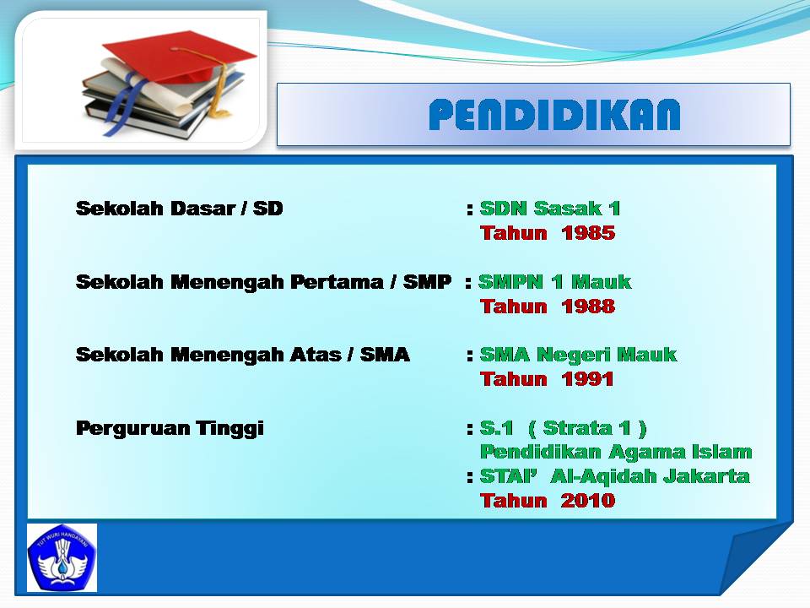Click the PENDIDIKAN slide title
[554, 114]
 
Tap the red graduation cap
[178, 57]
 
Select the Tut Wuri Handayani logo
[62, 557]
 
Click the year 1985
[588, 233]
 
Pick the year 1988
[588, 307]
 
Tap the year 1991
[588, 379]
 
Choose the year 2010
[588, 501]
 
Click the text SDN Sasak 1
[550, 209]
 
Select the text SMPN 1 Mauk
[555, 282]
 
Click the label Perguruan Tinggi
[170, 429]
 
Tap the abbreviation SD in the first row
[268, 209]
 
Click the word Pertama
[337, 282]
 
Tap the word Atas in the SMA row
[316, 355]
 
